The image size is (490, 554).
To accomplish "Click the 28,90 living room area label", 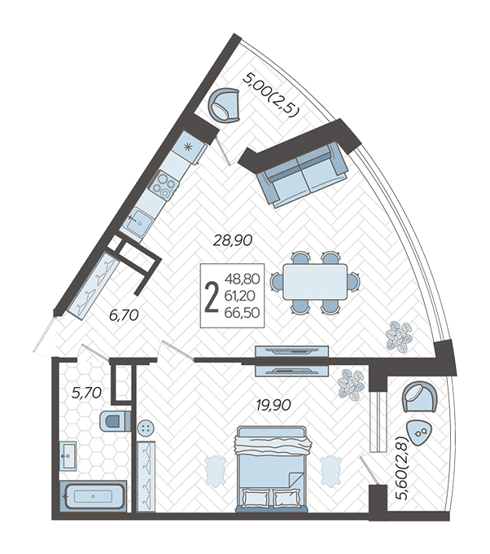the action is [x=233, y=240].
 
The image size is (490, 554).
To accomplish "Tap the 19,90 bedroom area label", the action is [x=273, y=405].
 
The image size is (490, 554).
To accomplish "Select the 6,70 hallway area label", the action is [x=124, y=315].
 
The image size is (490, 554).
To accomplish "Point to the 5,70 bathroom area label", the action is [x=86, y=393].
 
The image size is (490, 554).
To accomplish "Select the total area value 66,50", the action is [x=243, y=312].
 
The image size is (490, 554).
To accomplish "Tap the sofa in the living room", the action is [x=302, y=174].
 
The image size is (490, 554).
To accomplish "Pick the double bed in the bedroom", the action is [x=272, y=468].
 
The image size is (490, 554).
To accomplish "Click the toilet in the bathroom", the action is [x=115, y=421].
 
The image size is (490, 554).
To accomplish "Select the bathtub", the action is [x=93, y=496].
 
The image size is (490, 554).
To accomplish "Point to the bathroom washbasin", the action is [x=68, y=455].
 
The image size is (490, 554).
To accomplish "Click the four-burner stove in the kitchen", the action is [x=163, y=184].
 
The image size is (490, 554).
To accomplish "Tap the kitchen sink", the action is [x=138, y=222].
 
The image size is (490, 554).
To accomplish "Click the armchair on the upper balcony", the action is [x=224, y=105].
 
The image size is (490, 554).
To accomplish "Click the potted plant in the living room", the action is [x=399, y=337].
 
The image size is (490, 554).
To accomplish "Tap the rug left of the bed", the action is [x=215, y=470].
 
